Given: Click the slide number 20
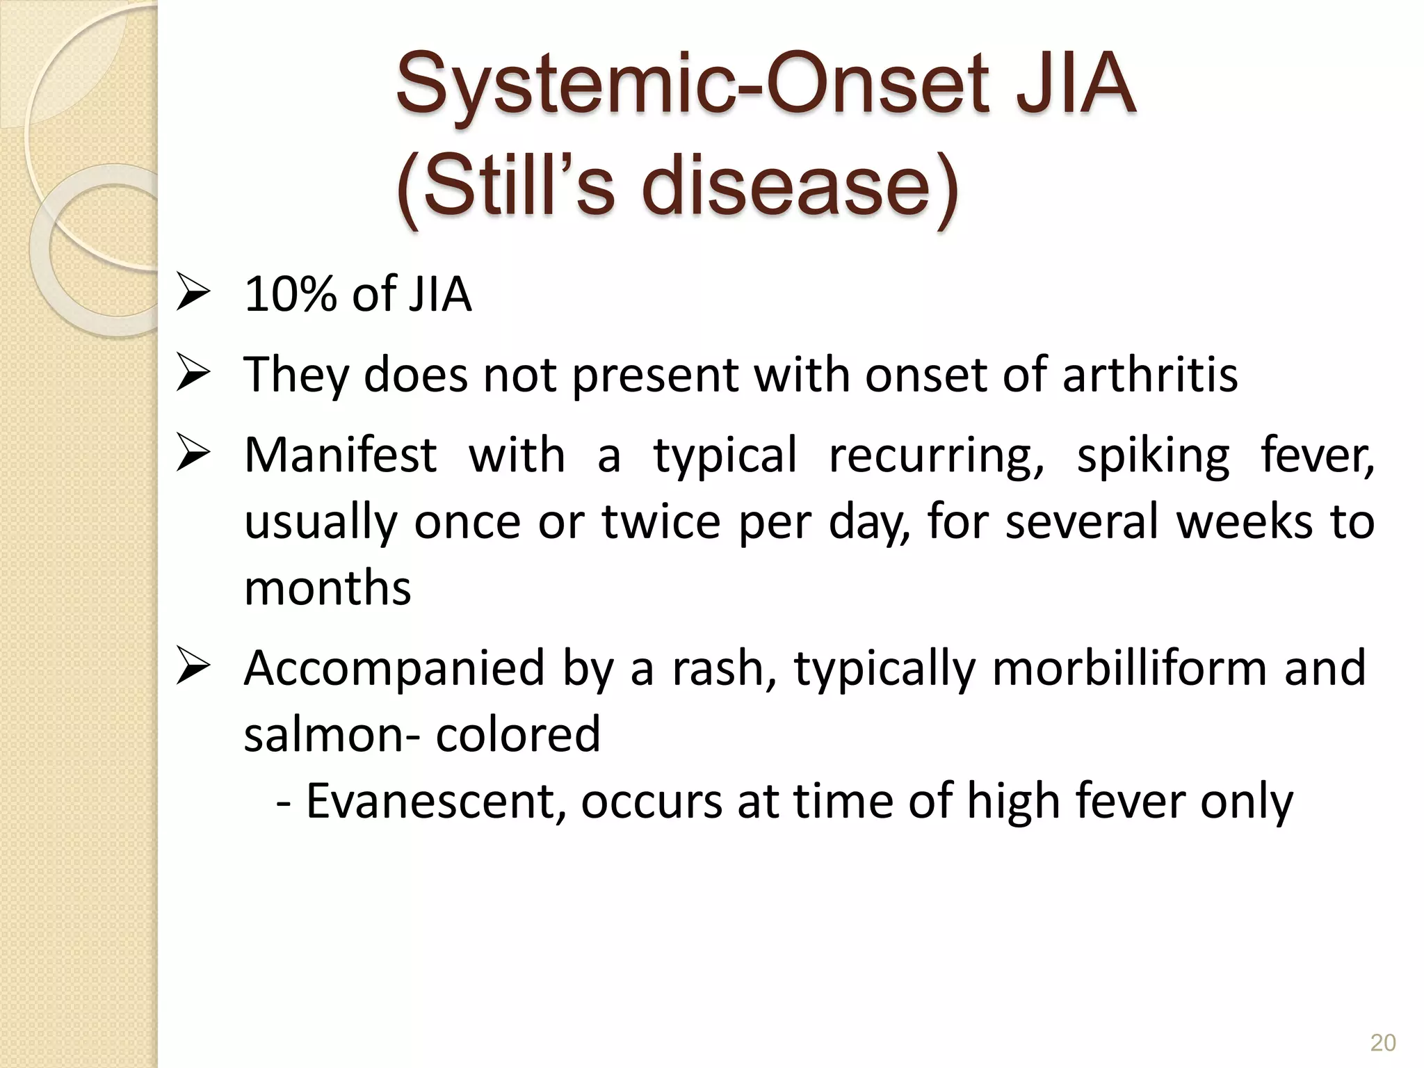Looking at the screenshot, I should coord(1382,1043).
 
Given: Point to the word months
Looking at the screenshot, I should coord(327,588).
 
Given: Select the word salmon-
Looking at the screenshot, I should coord(331,735).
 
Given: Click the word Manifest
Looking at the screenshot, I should coord(340,456).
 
